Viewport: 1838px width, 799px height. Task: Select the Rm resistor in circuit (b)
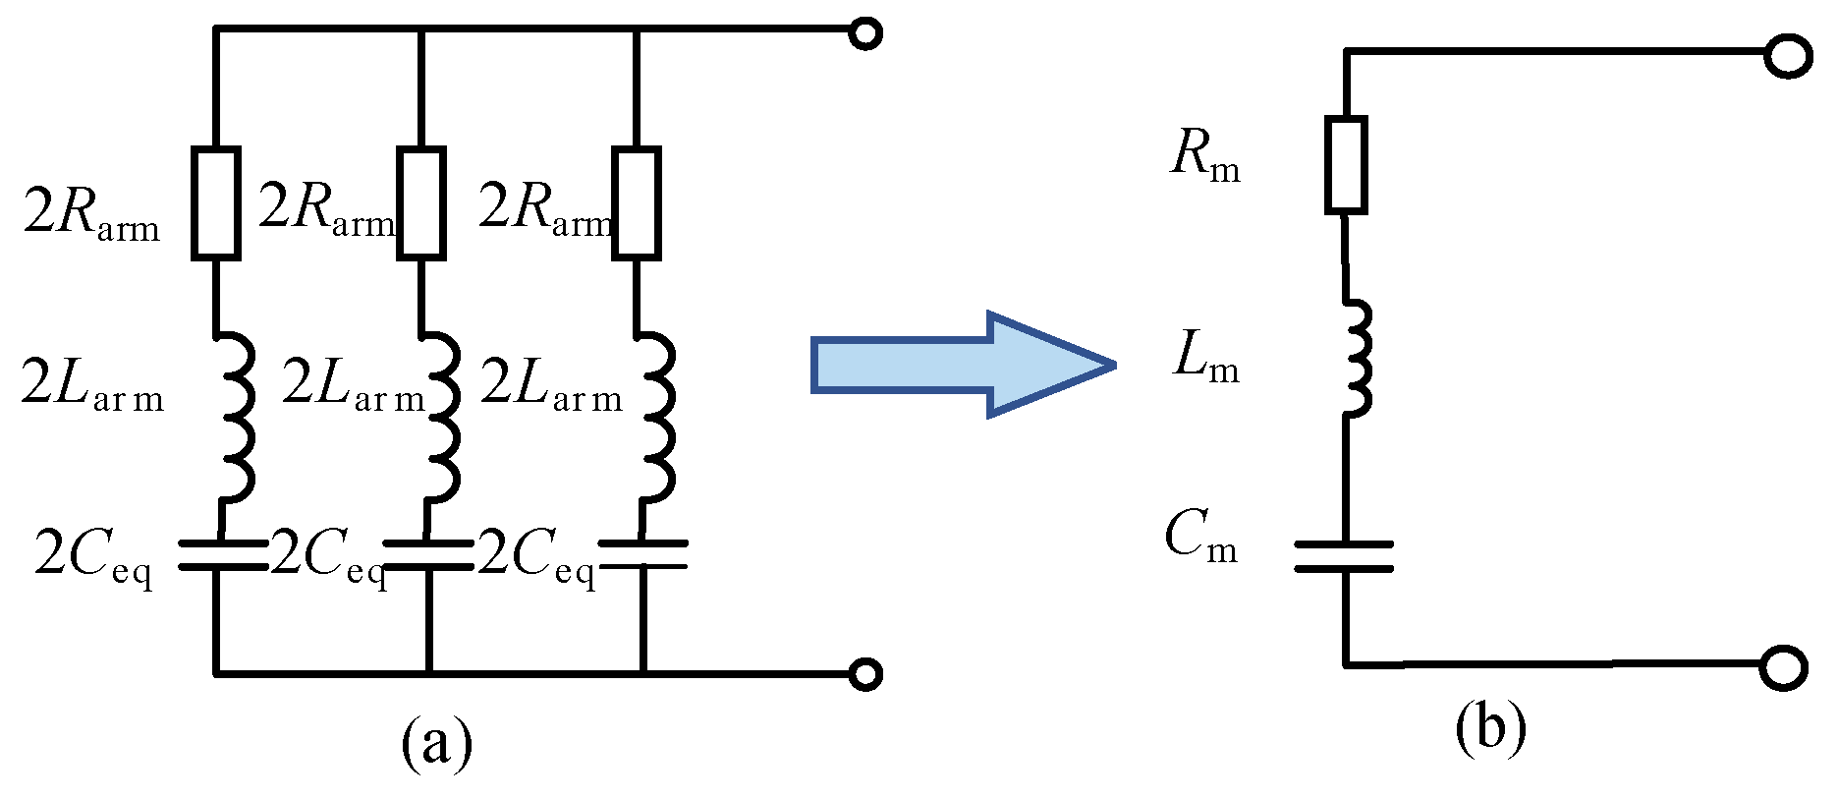pyautogui.click(x=1345, y=165)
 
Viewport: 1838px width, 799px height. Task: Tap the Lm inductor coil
pyautogui.click(x=1356, y=359)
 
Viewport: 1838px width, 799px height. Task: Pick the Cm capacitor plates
pyautogui.click(x=1344, y=555)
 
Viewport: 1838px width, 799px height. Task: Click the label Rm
pyautogui.click(x=1205, y=157)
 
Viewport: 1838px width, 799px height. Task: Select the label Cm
pyautogui.click(x=1200, y=539)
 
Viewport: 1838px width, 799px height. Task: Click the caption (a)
pyautogui.click(x=437, y=744)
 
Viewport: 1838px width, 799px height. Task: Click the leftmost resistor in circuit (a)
pyautogui.click(x=215, y=203)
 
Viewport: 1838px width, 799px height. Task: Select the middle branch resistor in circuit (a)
pyautogui.click(x=420, y=203)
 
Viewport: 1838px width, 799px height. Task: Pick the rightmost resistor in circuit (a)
pyautogui.click(x=637, y=203)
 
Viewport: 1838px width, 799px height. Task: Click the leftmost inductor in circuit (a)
pyautogui.click(x=236, y=418)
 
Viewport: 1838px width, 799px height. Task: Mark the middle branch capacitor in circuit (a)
pyautogui.click(x=427, y=555)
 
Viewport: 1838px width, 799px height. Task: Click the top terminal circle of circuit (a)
pyautogui.click(x=864, y=33)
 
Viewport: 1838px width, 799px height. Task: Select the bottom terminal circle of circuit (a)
pyautogui.click(x=864, y=674)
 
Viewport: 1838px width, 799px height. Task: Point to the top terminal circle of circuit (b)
pyautogui.click(x=1786, y=56)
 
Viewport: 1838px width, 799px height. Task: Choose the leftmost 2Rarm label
pyautogui.click(x=91, y=213)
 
